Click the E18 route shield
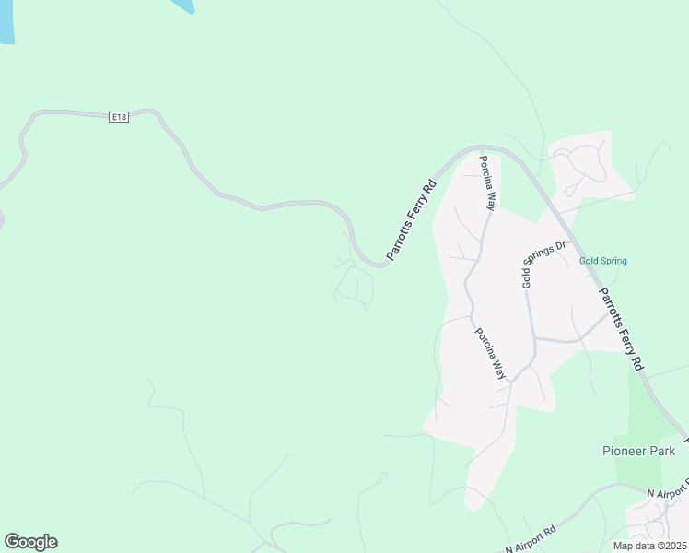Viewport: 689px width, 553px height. tap(118, 117)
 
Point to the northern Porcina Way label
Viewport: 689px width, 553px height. tap(486, 183)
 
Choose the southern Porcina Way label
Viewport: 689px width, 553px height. tap(490, 354)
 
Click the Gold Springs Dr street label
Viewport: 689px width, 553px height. tap(543, 264)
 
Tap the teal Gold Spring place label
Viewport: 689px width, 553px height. tap(603, 261)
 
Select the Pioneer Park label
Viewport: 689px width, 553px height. tap(638, 451)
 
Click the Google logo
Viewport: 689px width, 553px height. tap(30, 542)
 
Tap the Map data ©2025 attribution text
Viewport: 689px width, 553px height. tap(650, 546)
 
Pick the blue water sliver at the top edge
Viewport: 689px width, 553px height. tap(182, 6)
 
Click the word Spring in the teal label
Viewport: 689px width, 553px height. tap(614, 261)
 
